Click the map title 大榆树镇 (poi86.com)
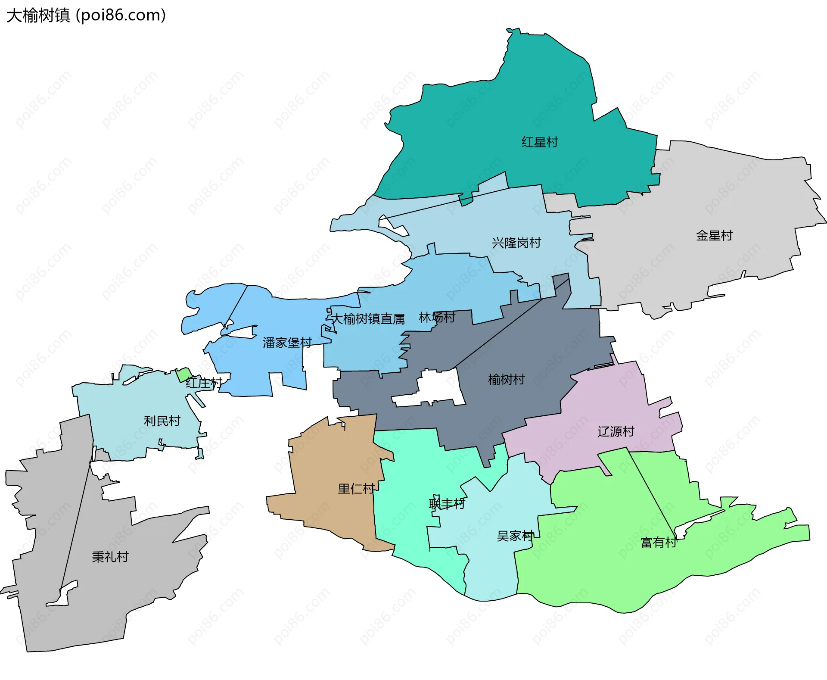coord(86,16)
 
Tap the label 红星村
coord(540,142)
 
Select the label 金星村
coord(714,235)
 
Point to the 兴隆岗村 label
coord(516,243)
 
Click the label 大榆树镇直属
coord(368,319)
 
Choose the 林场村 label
coord(437,318)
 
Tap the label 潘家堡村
coord(287,343)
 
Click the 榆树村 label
coord(506,379)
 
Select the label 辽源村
coord(616,431)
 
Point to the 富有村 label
coord(659,542)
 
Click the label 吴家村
coord(515,536)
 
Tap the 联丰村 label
coord(447,504)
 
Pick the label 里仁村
coord(356,489)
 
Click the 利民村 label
coord(162,421)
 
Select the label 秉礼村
coord(110,557)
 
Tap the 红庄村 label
coord(204,383)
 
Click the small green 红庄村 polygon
coord(184,374)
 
